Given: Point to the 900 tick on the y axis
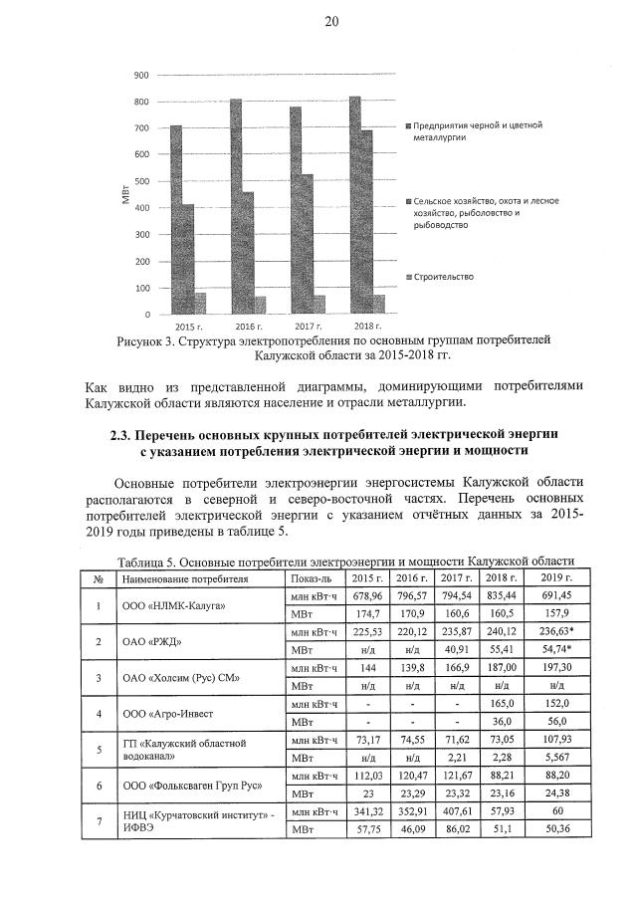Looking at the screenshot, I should (x=141, y=76).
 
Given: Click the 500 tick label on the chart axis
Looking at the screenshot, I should (x=141, y=182).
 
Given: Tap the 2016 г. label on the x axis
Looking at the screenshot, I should (x=248, y=327).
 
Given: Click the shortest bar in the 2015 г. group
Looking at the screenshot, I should (x=200, y=303).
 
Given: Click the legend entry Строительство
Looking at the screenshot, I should (x=443, y=277).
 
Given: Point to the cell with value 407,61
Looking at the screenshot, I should (x=456, y=812).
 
